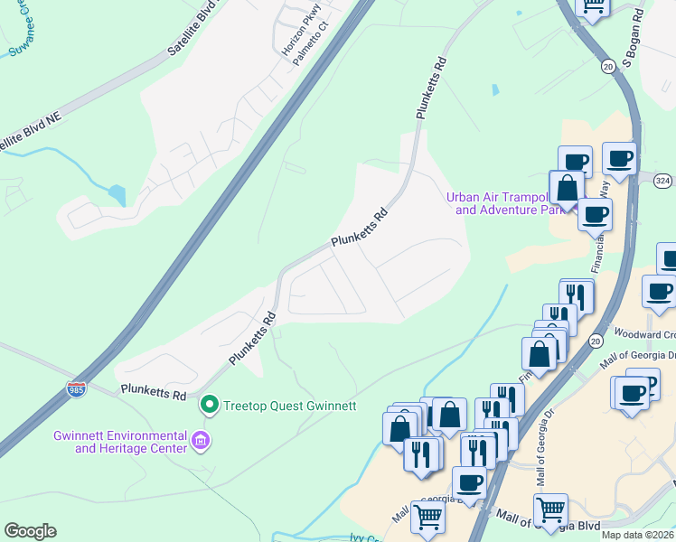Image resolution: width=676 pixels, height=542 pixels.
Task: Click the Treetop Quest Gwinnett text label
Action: [x=284, y=404]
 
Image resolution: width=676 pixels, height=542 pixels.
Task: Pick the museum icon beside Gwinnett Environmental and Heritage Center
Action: [x=202, y=442]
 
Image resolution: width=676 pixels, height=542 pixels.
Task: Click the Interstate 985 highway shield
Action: [x=77, y=391]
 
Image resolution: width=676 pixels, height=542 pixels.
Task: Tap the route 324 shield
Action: [x=662, y=181]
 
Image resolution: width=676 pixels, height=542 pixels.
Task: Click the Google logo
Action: [x=30, y=531]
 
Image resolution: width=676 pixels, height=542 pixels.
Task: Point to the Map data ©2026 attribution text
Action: [x=637, y=535]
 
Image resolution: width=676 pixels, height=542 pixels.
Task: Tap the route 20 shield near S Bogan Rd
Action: [x=608, y=66]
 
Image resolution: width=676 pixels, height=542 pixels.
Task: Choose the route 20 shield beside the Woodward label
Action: [x=596, y=341]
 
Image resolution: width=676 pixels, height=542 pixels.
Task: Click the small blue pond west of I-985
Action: [x=117, y=194]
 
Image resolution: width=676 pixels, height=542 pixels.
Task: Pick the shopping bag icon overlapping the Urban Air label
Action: [x=567, y=189]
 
